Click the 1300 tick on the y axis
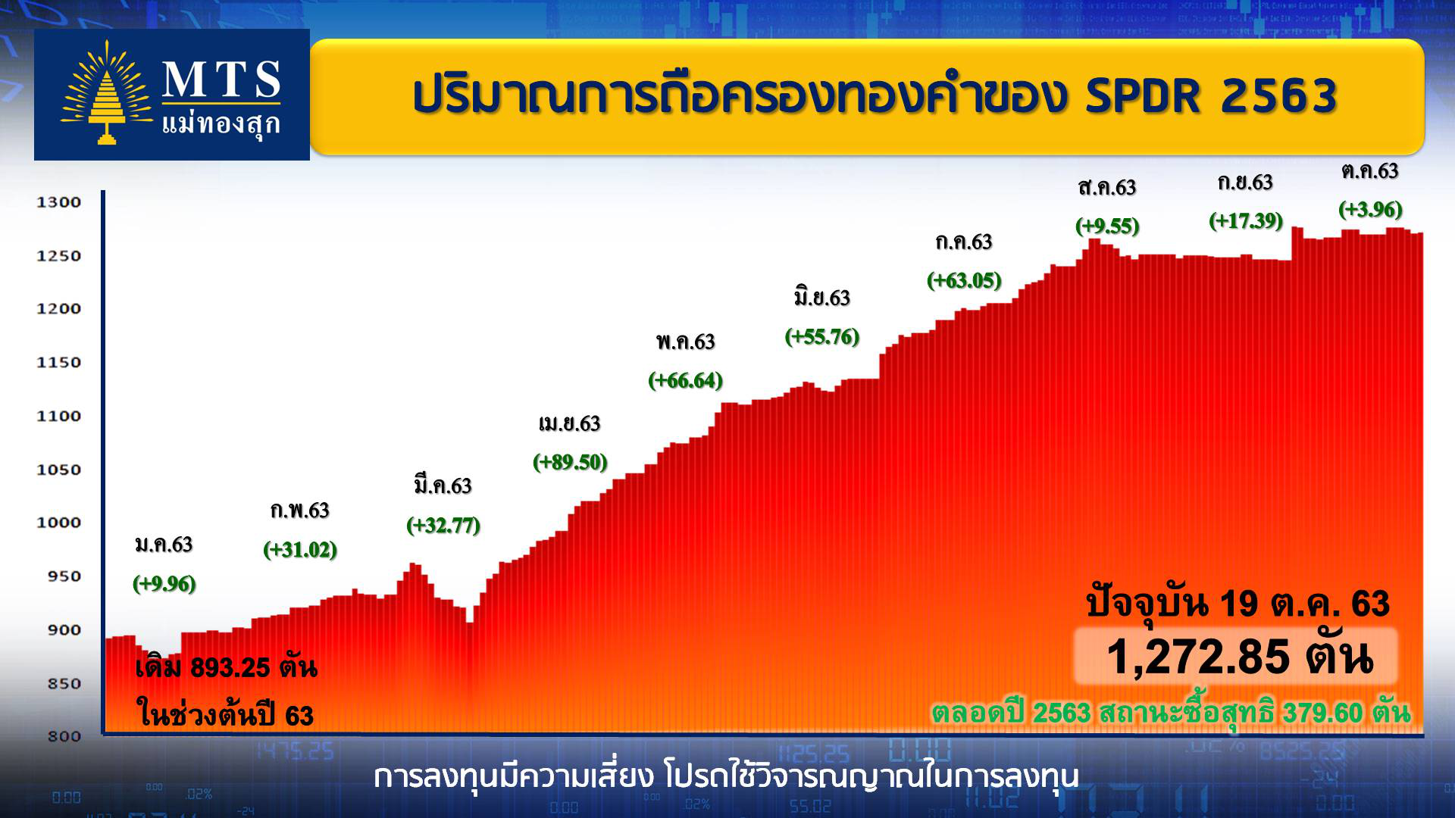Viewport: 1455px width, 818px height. point(58,202)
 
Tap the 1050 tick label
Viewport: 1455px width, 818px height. point(58,470)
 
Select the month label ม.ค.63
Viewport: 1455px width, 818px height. point(164,545)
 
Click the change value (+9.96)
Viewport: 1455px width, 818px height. point(164,584)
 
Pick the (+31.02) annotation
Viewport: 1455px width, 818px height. point(300,549)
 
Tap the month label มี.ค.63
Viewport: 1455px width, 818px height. point(443,485)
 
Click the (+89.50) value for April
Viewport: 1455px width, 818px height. point(570,462)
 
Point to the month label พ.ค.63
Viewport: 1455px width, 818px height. point(686,342)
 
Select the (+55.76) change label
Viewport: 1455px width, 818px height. point(822,336)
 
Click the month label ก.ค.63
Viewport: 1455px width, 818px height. point(964,242)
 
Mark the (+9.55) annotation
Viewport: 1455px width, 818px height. point(1107,226)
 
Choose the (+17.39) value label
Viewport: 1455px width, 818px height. point(1246,220)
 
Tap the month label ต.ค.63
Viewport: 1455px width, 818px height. point(1369,171)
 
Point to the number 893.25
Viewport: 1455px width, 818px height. point(230,667)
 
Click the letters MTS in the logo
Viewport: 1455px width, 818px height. point(221,80)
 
